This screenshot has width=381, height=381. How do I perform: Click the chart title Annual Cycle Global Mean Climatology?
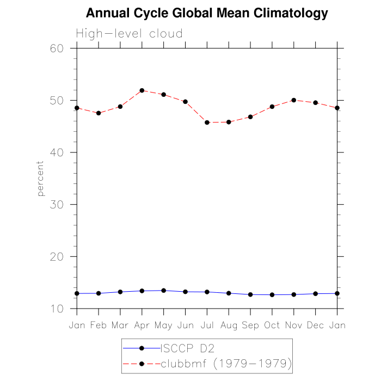click(x=207, y=14)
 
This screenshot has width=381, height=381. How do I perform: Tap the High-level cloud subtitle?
click(x=129, y=34)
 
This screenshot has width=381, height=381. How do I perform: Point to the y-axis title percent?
click(x=40, y=179)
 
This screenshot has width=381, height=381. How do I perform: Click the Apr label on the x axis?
click(x=142, y=325)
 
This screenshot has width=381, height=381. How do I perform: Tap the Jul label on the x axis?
click(x=207, y=325)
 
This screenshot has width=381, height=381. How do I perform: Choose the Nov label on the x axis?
click(x=294, y=325)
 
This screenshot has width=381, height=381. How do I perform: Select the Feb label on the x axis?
click(x=99, y=325)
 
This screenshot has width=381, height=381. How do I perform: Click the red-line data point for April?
click(x=142, y=90)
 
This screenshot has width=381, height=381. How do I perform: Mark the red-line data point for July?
click(x=207, y=122)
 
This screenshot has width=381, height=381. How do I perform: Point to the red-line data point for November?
click(x=294, y=100)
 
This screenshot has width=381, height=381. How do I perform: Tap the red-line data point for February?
click(x=99, y=113)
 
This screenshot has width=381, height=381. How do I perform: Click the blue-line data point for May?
click(x=164, y=291)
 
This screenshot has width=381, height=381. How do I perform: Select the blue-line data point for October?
click(x=272, y=295)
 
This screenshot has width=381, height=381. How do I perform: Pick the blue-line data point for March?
click(x=120, y=292)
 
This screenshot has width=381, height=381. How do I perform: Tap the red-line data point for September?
click(x=250, y=117)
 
